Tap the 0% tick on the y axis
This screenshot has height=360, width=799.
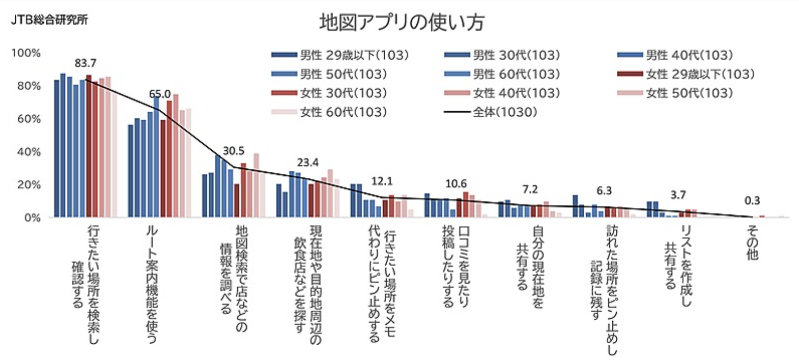[30, 218]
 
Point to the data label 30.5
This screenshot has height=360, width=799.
[234, 151]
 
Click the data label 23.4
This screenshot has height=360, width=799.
[308, 163]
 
